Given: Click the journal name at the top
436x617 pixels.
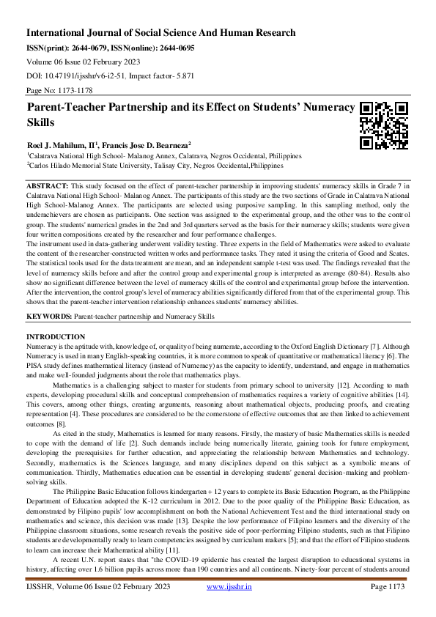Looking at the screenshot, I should [161, 33].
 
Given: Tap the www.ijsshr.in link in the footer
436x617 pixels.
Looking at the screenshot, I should [230, 607].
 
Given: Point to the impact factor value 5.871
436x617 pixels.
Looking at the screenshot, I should [183, 75].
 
